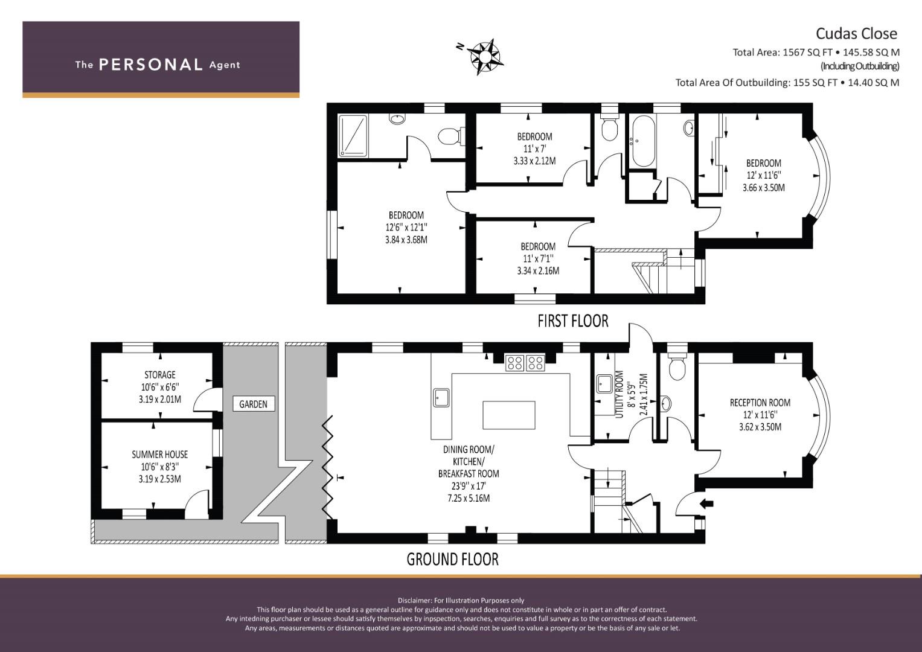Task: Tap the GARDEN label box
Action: point(253,404)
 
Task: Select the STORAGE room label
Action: point(159,375)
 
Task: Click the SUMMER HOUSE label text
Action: point(159,455)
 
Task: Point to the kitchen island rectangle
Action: point(509,415)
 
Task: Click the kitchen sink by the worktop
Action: point(441,398)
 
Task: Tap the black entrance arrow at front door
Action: point(706,503)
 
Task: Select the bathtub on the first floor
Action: point(643,141)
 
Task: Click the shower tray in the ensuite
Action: point(353,136)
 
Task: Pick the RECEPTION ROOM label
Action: point(760,403)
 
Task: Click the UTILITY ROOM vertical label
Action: point(619,394)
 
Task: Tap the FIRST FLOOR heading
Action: point(572,321)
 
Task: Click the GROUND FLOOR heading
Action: point(452,560)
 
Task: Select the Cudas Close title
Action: point(856,33)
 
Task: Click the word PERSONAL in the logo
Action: point(151,65)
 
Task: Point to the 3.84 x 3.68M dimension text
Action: point(406,240)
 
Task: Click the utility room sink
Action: point(604,383)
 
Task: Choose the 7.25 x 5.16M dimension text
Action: point(469,499)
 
